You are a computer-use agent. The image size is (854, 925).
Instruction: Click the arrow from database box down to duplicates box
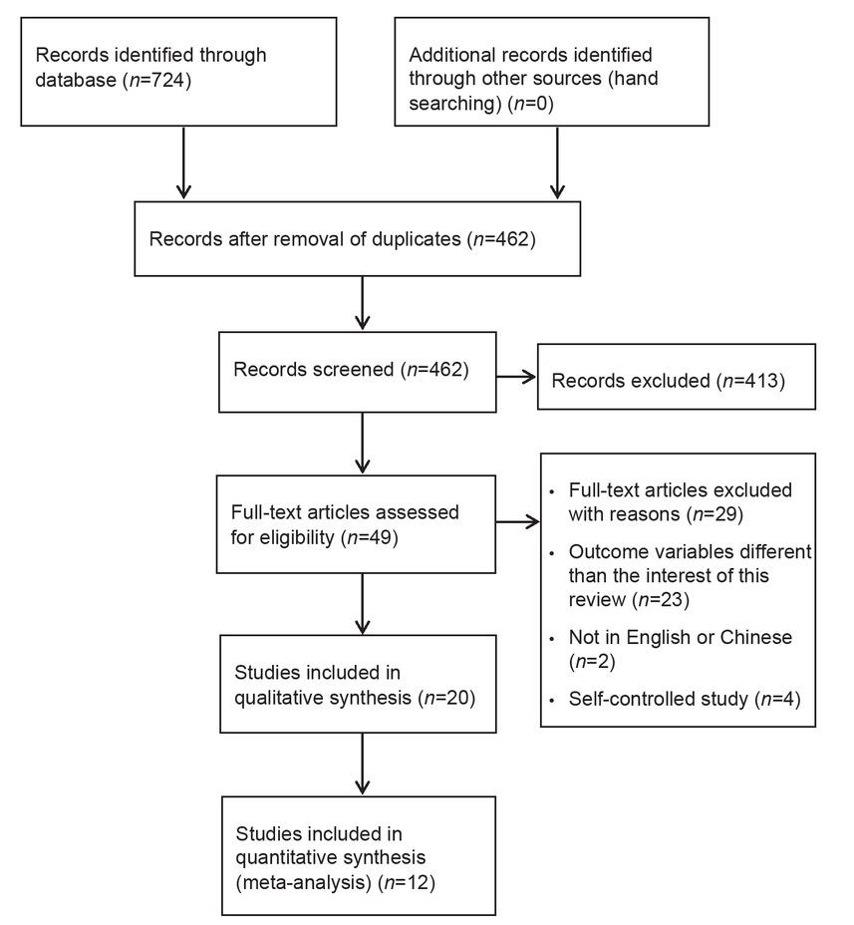(184, 162)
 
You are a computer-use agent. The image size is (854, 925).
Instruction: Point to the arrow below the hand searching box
(557, 162)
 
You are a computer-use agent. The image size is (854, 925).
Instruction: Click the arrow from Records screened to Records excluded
(516, 377)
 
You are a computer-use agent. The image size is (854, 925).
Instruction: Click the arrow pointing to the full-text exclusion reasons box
(518, 521)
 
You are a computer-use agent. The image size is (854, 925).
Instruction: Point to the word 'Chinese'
(756, 637)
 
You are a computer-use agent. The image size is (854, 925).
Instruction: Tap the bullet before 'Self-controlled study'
(552, 701)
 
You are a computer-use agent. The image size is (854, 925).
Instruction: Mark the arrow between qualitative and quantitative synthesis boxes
(362, 764)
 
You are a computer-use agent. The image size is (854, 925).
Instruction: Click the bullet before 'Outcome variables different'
(552, 554)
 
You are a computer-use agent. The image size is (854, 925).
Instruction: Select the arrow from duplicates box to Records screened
(362, 303)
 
